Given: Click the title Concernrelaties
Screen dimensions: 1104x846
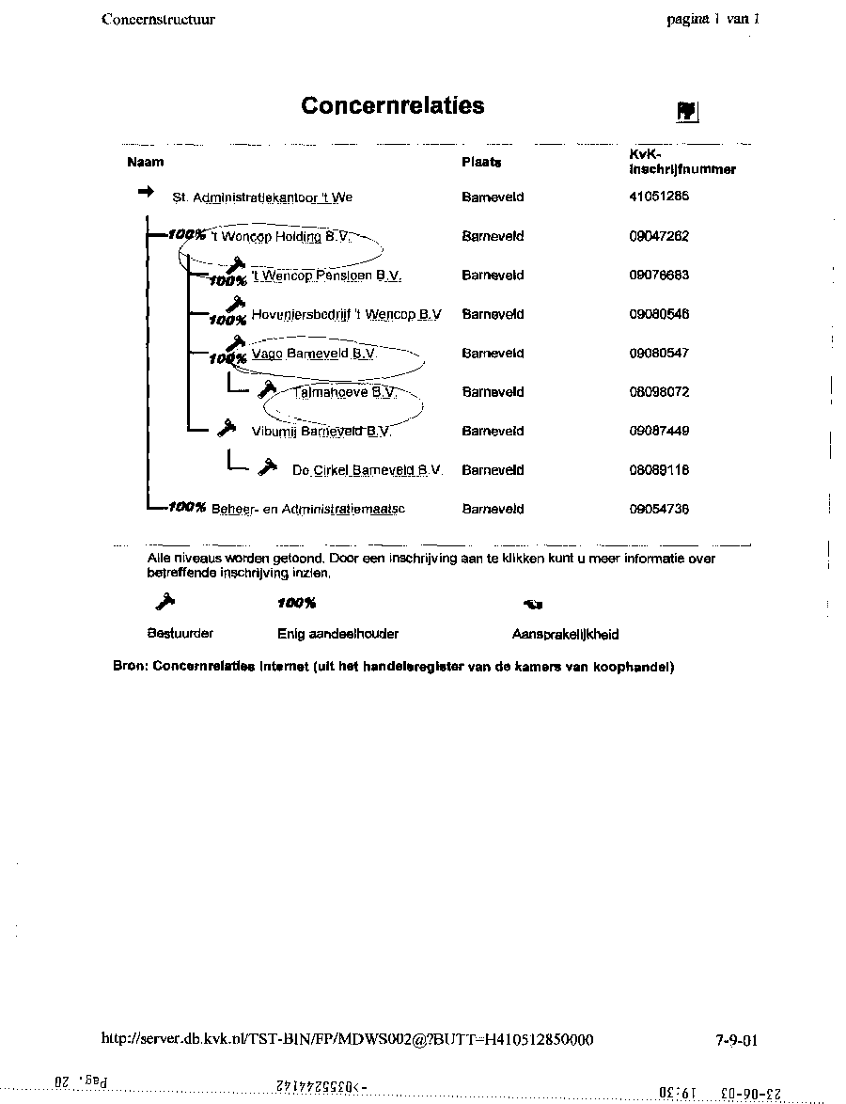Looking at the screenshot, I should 393,105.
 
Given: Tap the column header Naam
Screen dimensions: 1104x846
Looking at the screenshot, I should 145,161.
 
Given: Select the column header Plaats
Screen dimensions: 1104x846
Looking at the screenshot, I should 481,162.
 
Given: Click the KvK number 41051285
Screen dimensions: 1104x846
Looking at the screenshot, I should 659,197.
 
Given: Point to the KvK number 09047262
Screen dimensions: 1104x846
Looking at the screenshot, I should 659,237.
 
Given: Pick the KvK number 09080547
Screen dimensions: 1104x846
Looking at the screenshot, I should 659,354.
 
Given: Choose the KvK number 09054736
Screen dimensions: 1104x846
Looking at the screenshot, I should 659,510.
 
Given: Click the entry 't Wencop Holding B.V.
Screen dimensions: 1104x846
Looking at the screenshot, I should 281,237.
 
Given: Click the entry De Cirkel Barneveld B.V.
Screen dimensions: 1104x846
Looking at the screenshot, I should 367,470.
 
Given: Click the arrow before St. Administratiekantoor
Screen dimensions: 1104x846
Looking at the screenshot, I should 146,192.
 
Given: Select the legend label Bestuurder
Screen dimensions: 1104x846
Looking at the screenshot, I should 180,634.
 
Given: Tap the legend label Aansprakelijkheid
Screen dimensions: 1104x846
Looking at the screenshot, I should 565,635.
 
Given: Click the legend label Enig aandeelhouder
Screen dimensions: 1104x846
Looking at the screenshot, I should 338,635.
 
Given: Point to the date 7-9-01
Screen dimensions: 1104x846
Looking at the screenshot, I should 736,1040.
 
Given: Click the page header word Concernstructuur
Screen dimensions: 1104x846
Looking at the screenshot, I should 158,19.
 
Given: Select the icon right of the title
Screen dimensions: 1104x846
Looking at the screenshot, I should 686,111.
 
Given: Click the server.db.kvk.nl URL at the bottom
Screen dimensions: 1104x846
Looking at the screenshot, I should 347,1039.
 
